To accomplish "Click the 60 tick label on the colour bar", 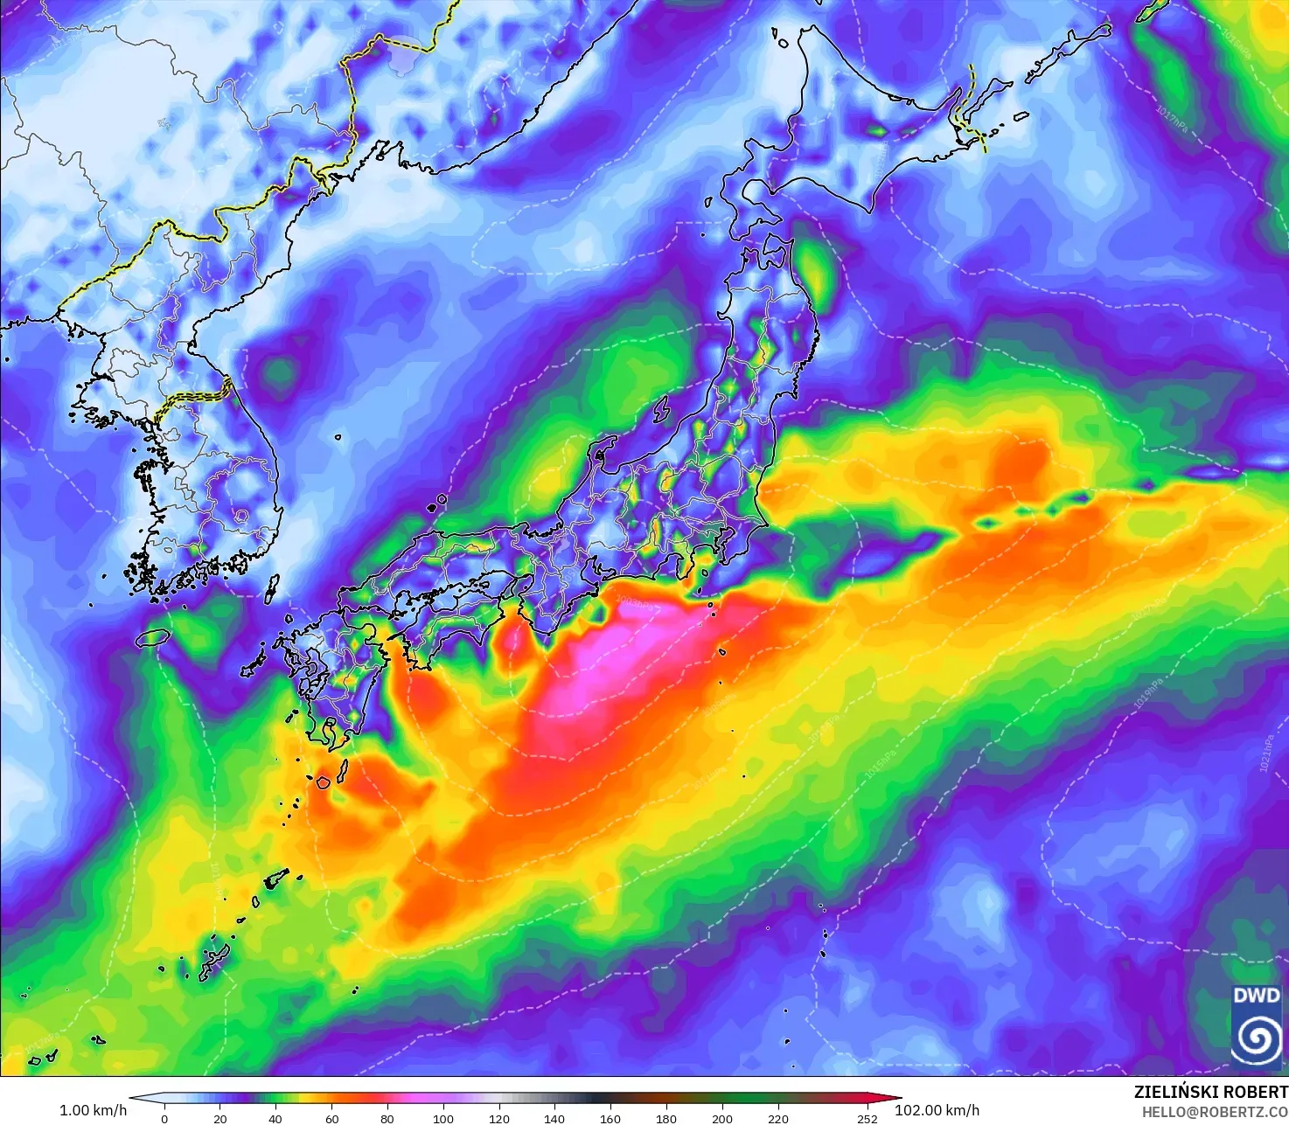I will point(331,1118).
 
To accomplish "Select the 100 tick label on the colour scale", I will point(443,1118).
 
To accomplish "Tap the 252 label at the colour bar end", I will point(867,1118).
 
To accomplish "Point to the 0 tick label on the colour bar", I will point(164,1118).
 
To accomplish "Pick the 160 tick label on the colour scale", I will point(610,1118).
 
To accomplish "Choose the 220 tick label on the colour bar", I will point(777,1118).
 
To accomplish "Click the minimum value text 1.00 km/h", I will point(93,1110).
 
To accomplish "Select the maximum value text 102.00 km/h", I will point(937,1110).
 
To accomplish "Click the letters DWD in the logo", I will point(1256,996).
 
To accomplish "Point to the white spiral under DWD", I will point(1256,1039).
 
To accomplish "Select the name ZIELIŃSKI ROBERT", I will point(1210,1092).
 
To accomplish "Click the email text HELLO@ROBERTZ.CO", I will point(1215,1111).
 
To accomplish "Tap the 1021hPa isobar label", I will point(1267,753).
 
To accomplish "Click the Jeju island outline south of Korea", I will point(152,637).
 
